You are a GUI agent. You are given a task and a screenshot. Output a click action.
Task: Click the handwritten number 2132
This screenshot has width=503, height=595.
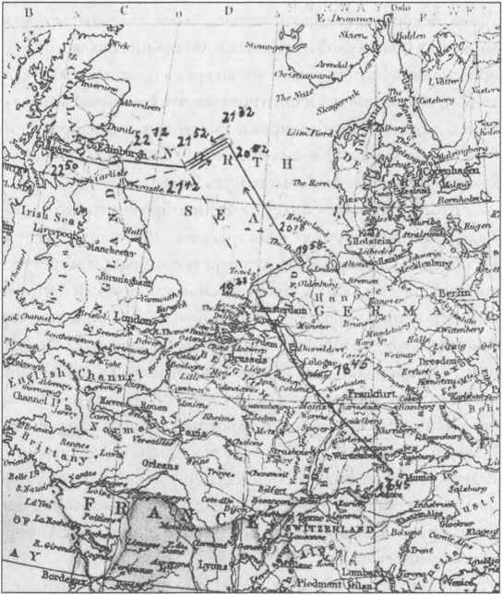pyautogui.click(x=238, y=114)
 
